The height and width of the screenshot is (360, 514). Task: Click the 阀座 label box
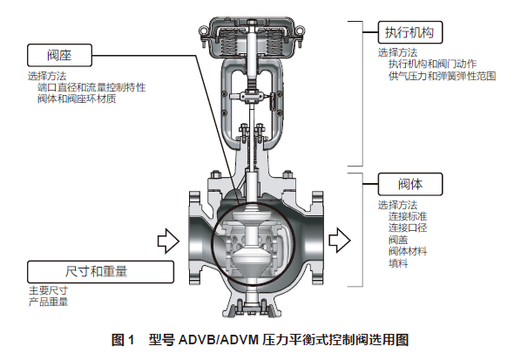[59, 55]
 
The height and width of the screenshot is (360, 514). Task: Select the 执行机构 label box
[410, 32]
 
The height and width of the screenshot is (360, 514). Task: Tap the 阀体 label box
[410, 184]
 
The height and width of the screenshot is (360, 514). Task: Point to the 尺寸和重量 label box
[100, 272]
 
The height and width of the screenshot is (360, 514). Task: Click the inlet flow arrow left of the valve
[168, 241]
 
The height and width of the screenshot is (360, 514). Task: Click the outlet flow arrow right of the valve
[340, 241]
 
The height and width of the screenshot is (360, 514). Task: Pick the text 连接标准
[408, 216]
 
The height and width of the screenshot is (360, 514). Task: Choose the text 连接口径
[408, 228]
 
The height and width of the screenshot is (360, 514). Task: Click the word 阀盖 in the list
[398, 240]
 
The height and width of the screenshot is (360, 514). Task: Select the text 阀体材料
[408, 251]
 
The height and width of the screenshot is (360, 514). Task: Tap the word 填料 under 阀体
[398, 263]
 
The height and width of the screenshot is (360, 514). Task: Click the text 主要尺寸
[48, 290]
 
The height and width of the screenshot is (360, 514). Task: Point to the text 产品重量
[48, 302]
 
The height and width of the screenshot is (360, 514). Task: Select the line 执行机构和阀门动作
[432, 64]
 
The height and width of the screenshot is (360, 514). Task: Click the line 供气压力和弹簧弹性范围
[442, 76]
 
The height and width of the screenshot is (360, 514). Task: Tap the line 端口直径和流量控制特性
[91, 87]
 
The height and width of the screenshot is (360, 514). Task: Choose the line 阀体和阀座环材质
[77, 98]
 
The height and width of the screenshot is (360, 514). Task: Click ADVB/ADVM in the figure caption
[219, 340]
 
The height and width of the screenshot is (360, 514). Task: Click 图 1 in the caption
[123, 340]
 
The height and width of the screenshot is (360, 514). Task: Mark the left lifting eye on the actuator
[203, 31]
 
